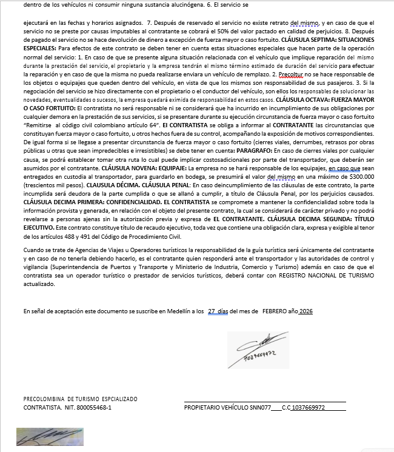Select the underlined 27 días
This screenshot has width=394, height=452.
tap(218, 311)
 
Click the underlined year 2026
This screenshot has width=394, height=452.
tap(306, 311)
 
